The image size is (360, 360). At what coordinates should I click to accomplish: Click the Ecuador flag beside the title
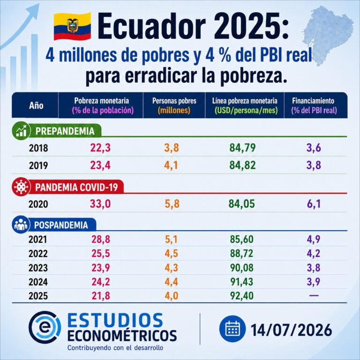tap(72, 26)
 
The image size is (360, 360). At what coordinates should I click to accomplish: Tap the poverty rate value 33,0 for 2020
tap(100, 204)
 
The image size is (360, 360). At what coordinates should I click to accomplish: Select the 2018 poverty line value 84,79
tap(242, 148)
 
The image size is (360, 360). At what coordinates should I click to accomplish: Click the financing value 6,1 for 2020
tap(314, 204)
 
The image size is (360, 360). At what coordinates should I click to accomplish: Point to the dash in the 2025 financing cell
tap(314, 295)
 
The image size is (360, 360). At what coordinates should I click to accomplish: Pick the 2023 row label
tap(38, 268)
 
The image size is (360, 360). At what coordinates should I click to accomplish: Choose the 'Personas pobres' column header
tap(174, 105)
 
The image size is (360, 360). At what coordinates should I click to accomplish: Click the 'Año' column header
tap(36, 105)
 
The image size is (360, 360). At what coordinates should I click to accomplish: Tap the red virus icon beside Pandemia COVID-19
tap(21, 187)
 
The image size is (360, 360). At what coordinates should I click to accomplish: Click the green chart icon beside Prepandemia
tap(21, 131)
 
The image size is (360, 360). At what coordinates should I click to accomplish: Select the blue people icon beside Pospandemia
tap(21, 225)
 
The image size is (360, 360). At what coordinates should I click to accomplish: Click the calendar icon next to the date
tap(232, 329)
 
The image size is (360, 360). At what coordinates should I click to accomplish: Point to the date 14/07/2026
tap(292, 330)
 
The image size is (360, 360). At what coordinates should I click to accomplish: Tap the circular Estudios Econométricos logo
tap(45, 327)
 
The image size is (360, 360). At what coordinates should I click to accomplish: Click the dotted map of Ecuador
tap(328, 34)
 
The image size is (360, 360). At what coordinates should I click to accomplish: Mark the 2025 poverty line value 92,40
tap(242, 296)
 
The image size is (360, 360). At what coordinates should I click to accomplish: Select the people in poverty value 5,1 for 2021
tap(171, 239)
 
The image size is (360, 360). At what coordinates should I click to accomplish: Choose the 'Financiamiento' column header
tap(314, 105)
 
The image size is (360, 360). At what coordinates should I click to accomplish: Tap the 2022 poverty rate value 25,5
tap(101, 254)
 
